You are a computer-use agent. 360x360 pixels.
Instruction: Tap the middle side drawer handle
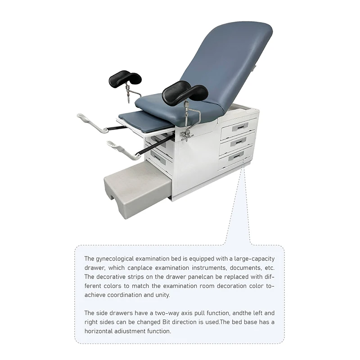tap(238, 141)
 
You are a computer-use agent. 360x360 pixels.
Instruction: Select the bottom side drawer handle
tap(236, 155)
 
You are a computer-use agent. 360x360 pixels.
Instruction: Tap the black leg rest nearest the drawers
tap(184, 91)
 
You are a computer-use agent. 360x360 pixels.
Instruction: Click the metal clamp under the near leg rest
tap(186, 134)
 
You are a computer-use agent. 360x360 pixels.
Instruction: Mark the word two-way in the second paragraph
tap(169, 313)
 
